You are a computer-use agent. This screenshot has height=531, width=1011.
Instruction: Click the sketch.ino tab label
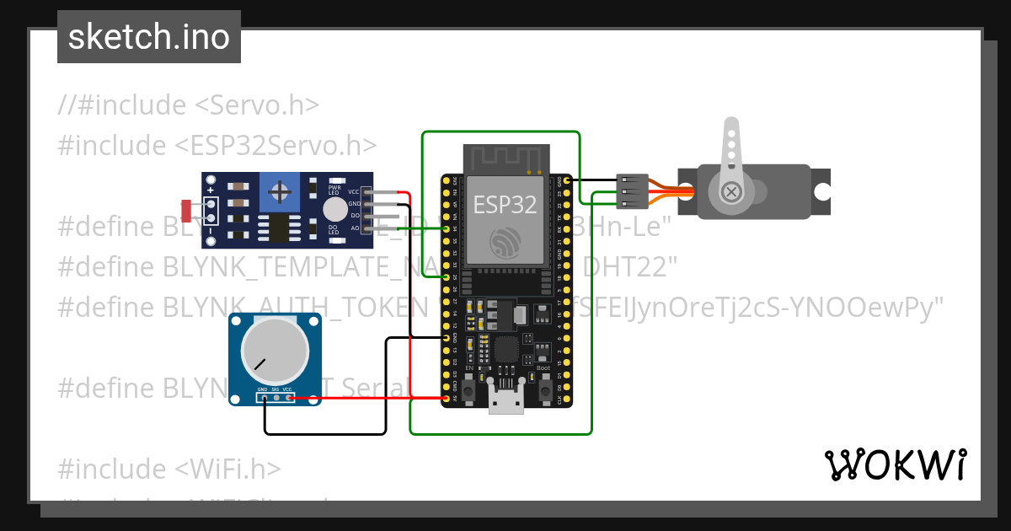tap(149, 37)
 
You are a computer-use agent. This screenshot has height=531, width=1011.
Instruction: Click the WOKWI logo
tap(895, 464)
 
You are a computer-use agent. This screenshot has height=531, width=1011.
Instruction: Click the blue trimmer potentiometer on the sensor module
tap(277, 194)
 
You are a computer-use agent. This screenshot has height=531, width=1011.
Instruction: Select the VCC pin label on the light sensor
tap(354, 192)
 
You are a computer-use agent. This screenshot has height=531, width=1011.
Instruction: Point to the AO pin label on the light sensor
tap(354, 228)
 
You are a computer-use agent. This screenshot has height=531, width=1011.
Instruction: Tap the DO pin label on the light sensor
tap(355, 216)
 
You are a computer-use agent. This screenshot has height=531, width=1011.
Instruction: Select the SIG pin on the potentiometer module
tap(275, 390)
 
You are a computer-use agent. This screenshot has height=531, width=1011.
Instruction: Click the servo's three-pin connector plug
tap(633, 192)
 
